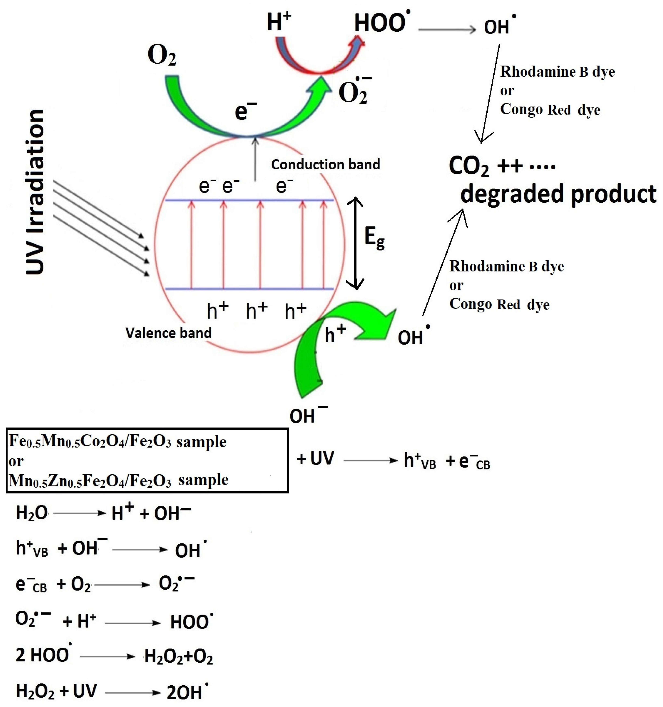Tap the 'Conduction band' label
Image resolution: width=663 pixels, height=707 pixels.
(x=325, y=164)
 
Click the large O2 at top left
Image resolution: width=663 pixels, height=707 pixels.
(x=162, y=56)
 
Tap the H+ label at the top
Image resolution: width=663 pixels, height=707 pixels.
(x=279, y=21)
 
